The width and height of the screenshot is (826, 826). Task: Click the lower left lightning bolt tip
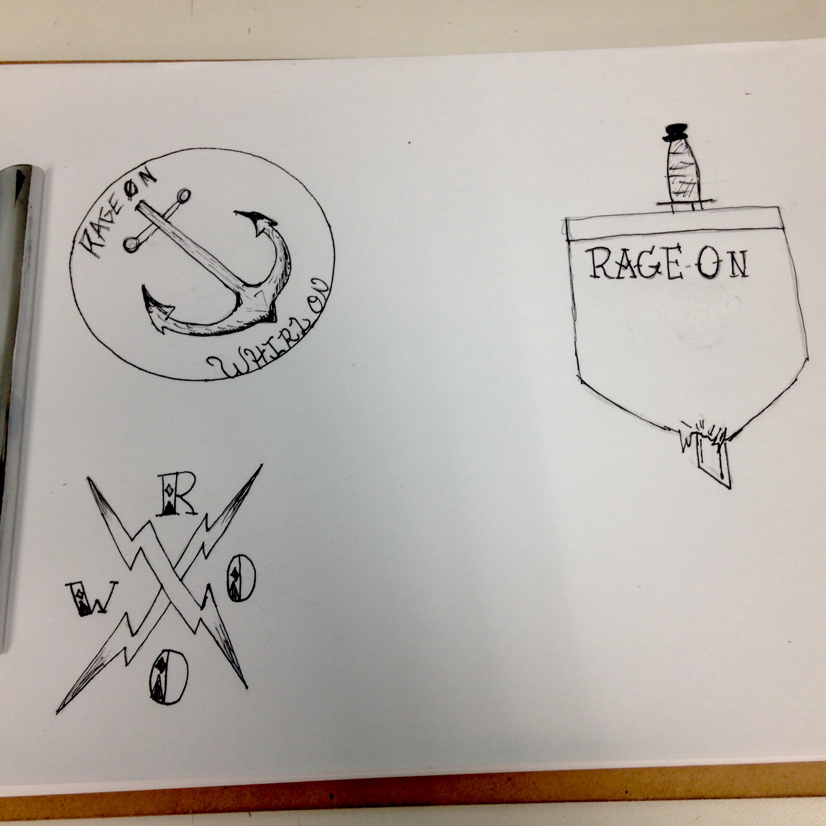(58, 712)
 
